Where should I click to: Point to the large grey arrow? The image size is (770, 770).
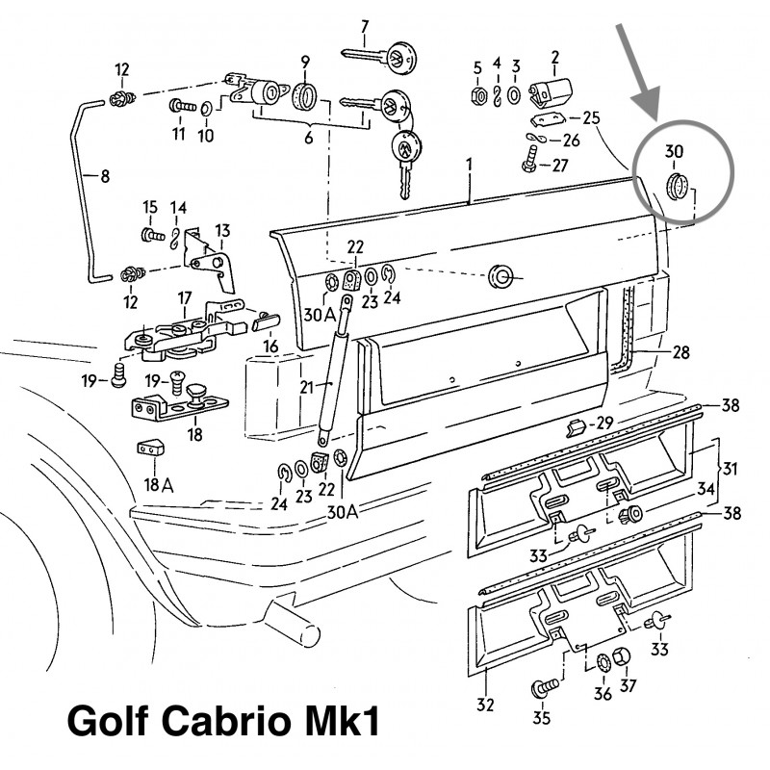[x=641, y=72]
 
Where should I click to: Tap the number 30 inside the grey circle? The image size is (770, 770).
[x=674, y=151]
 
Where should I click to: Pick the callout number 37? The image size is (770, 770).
[x=628, y=685]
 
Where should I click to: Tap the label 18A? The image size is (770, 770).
[x=151, y=483]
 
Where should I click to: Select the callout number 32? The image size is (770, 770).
[x=485, y=705]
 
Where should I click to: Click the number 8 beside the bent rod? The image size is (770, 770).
[x=105, y=176]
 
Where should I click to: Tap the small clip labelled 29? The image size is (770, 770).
[x=576, y=425]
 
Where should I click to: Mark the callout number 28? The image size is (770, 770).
[x=680, y=353]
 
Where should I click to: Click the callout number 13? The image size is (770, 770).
[x=223, y=230]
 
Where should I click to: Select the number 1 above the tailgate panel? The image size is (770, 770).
[x=469, y=166]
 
